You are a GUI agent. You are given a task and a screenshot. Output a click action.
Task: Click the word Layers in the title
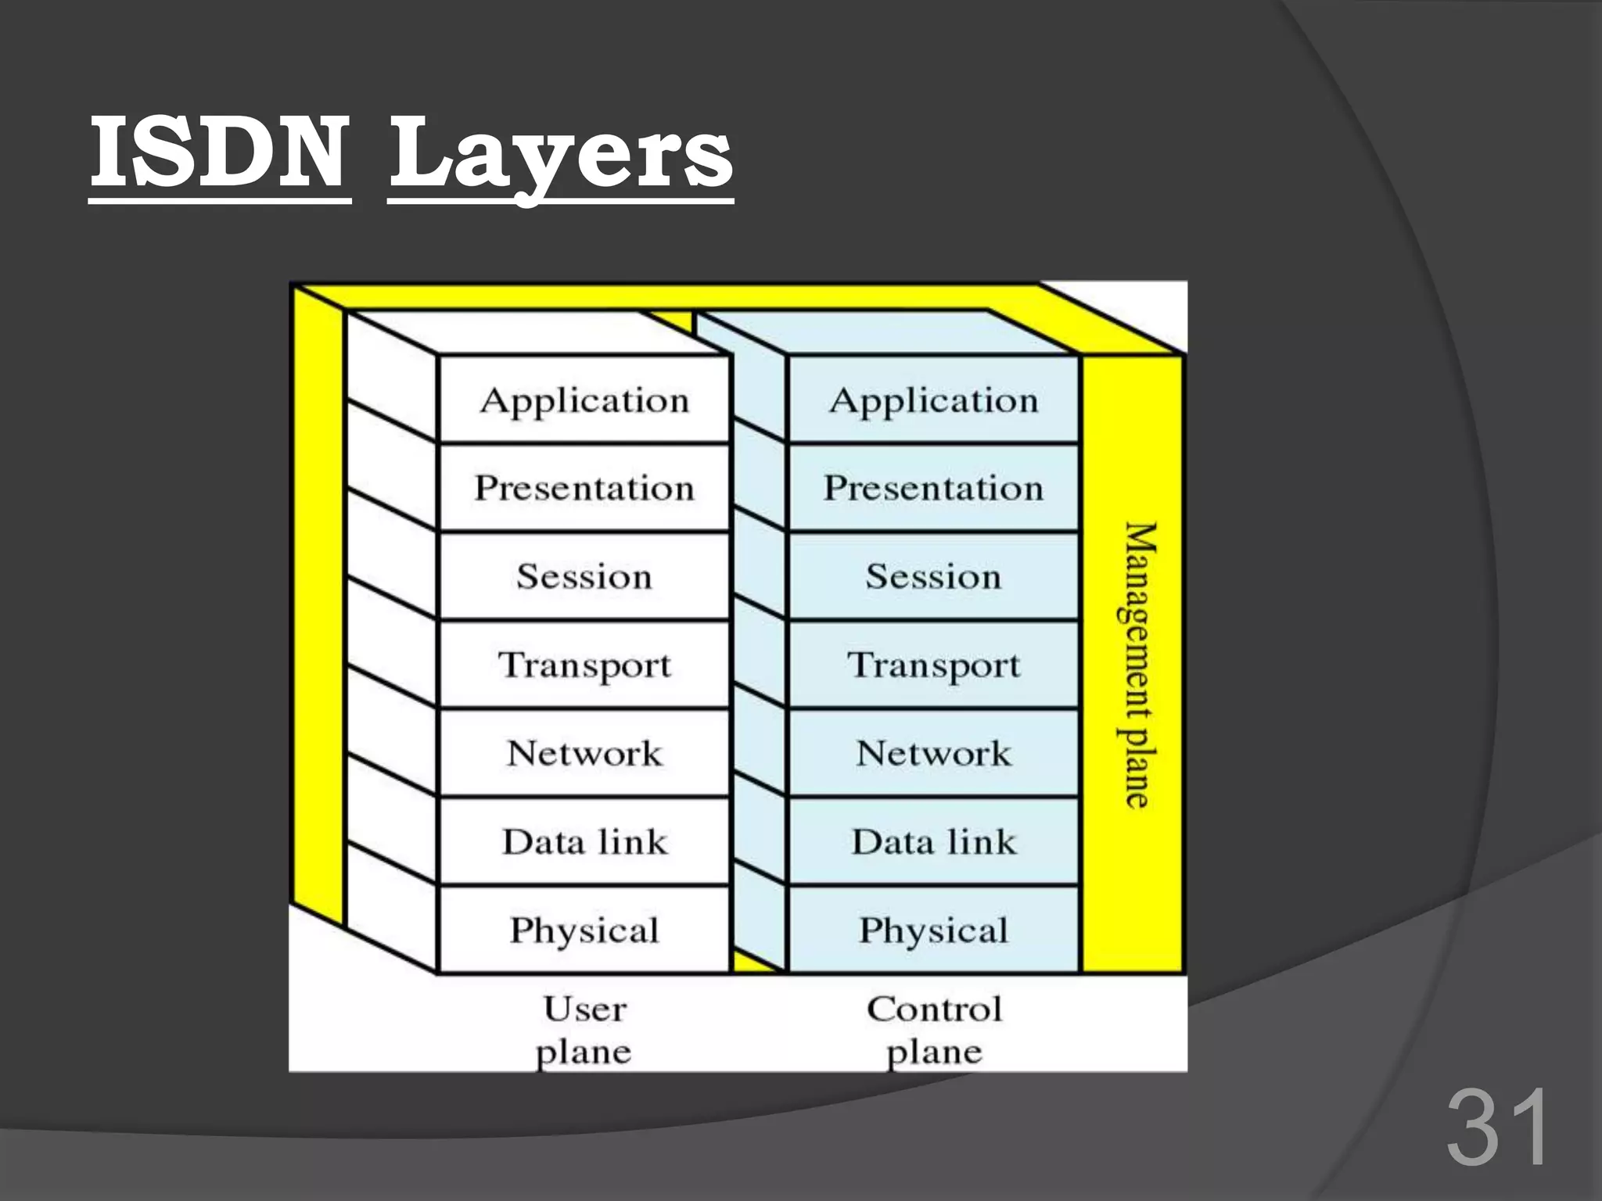click(x=560, y=154)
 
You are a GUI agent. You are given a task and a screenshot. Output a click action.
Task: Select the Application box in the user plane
click(x=584, y=400)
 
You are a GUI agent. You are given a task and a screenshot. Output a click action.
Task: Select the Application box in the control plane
click(x=934, y=400)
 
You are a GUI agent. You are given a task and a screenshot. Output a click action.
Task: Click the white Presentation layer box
click(x=584, y=488)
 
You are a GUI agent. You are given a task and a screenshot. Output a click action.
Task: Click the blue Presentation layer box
click(x=934, y=488)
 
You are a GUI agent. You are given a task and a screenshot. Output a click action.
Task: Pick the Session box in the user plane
click(x=584, y=577)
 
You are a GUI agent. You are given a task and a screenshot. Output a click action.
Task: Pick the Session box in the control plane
click(x=934, y=577)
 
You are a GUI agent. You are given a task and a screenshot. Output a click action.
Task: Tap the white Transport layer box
click(x=584, y=665)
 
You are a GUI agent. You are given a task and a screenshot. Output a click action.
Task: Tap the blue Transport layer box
click(x=934, y=665)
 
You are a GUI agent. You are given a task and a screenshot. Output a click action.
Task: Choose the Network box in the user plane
click(x=584, y=754)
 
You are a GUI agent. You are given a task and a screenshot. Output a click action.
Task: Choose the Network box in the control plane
click(x=934, y=754)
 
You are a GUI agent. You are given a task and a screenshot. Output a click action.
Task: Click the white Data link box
click(x=584, y=842)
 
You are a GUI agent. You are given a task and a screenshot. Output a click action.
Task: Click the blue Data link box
click(x=934, y=842)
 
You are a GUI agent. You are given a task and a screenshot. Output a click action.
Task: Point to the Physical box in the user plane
click(x=584, y=930)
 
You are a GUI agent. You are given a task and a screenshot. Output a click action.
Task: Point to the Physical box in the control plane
click(x=934, y=930)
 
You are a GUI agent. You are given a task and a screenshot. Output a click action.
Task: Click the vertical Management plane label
click(x=1138, y=665)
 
